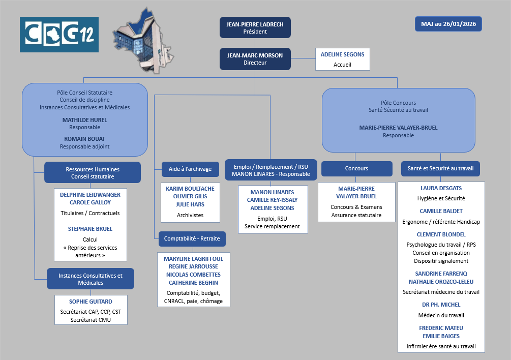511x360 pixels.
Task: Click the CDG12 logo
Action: tap(59, 35)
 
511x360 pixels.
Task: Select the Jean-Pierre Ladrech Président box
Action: tap(255, 27)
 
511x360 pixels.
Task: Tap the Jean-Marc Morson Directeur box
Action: tap(255, 59)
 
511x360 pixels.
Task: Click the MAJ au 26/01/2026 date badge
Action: tap(448, 24)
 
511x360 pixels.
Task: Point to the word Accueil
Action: tap(342, 65)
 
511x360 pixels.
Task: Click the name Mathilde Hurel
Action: tap(85, 120)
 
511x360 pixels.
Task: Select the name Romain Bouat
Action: tap(85, 139)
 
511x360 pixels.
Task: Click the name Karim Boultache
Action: tap(190, 188)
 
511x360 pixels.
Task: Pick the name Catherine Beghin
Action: tap(193, 282)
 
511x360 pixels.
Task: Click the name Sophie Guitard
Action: tap(91, 302)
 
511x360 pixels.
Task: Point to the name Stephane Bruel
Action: tap(90, 229)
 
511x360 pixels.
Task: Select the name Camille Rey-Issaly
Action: tap(272, 200)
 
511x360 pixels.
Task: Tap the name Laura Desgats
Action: tap(441, 188)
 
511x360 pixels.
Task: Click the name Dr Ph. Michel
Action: tap(441, 305)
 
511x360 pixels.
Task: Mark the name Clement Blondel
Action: tap(441, 234)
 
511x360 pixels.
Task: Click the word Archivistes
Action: tap(190, 215)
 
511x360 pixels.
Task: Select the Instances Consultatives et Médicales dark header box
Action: tap(91, 279)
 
